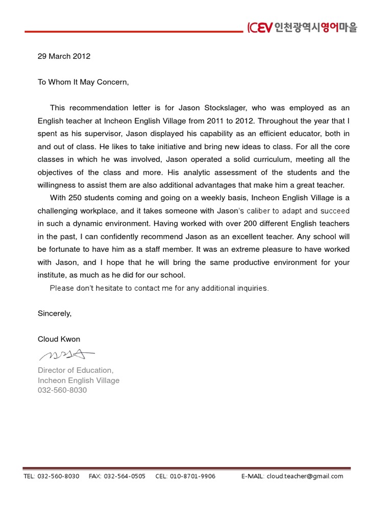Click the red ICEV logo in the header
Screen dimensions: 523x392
[259, 28]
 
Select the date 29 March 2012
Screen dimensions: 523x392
[64, 56]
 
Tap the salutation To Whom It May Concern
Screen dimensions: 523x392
[83, 82]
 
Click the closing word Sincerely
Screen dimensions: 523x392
[55, 314]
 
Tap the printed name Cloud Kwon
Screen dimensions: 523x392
[59, 339]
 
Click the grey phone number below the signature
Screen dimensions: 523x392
[62, 390]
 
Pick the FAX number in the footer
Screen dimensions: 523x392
[124, 476]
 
